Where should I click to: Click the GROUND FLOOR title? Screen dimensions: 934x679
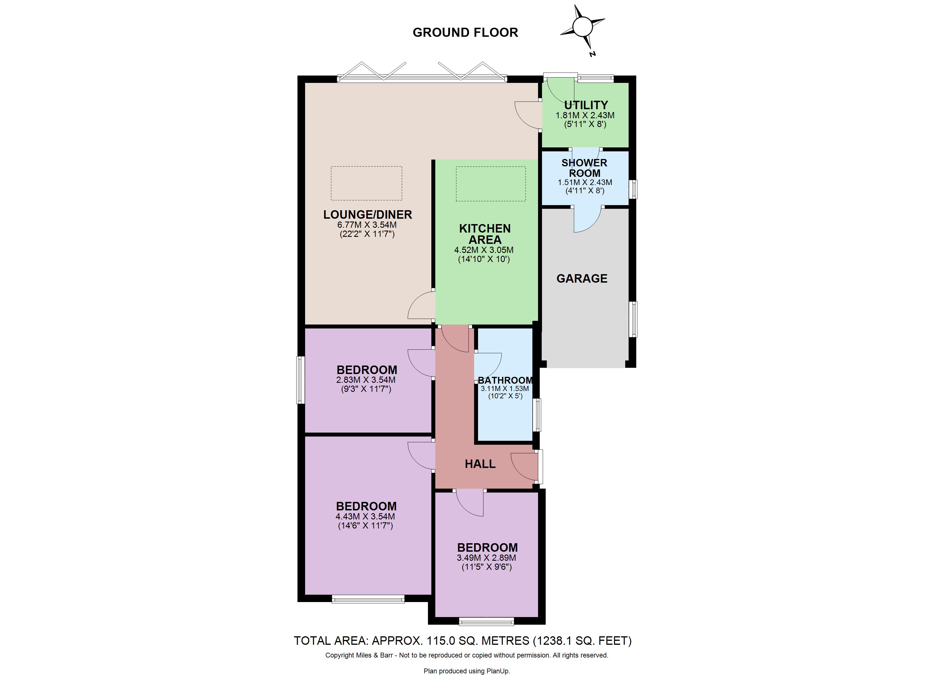pyautogui.click(x=465, y=33)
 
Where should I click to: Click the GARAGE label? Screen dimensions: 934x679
pyautogui.click(x=582, y=279)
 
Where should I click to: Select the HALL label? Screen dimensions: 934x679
pyautogui.click(x=480, y=464)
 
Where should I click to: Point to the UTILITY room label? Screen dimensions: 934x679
pyautogui.click(x=586, y=105)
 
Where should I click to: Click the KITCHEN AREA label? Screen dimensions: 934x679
pyautogui.click(x=485, y=234)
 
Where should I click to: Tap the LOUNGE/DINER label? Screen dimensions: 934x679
pyautogui.click(x=368, y=214)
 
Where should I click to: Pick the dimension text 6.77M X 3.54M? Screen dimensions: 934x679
pyautogui.click(x=367, y=225)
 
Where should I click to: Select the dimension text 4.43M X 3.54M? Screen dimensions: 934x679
pyautogui.click(x=365, y=516)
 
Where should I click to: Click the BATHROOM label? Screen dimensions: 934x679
pyautogui.click(x=505, y=381)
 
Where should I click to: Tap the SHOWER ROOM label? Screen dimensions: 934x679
pyautogui.click(x=584, y=168)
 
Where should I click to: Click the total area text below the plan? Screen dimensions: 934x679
pyautogui.click(x=462, y=641)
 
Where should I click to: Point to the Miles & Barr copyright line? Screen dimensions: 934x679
pyautogui.click(x=467, y=655)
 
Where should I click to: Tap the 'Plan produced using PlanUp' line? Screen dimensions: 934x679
pyautogui.click(x=467, y=671)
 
